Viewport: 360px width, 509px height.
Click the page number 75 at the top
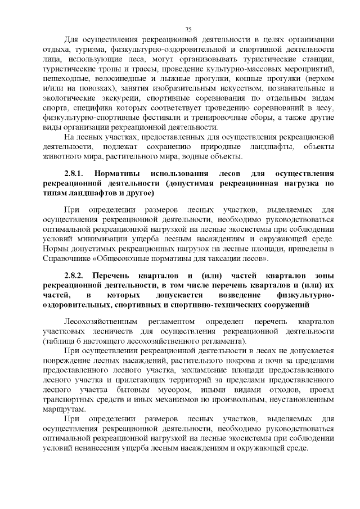point(188,29)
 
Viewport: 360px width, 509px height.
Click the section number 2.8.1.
point(74,174)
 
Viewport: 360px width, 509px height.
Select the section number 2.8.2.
point(74,276)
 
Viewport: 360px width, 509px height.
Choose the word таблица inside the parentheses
point(62,340)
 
